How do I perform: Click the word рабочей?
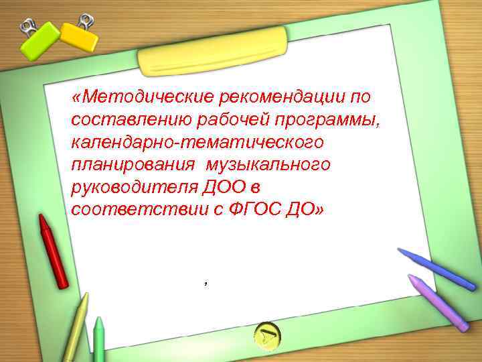[226, 120]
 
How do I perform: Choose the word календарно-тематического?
[197, 142]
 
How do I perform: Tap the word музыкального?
[268, 165]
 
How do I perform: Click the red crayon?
[53, 251]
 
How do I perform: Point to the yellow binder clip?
[79, 35]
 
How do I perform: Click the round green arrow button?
[268, 335]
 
